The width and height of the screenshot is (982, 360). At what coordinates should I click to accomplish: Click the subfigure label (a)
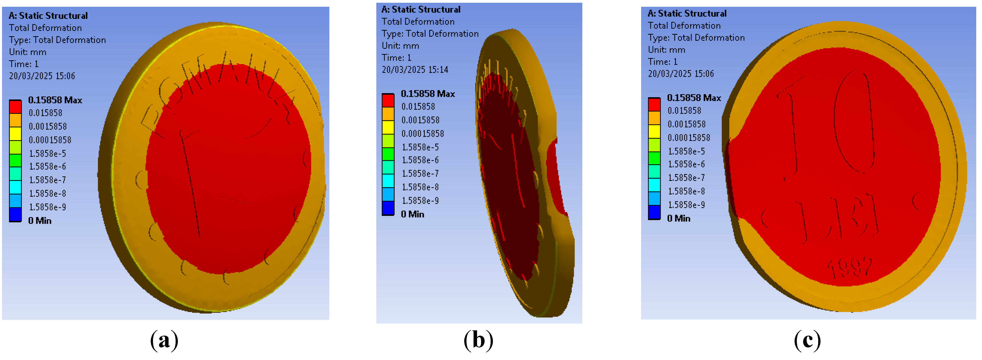[164, 340]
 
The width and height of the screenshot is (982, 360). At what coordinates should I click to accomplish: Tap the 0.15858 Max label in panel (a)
[55, 100]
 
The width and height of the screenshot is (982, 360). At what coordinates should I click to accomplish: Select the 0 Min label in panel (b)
[412, 214]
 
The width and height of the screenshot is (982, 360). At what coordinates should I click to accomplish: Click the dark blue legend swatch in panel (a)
[15, 214]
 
